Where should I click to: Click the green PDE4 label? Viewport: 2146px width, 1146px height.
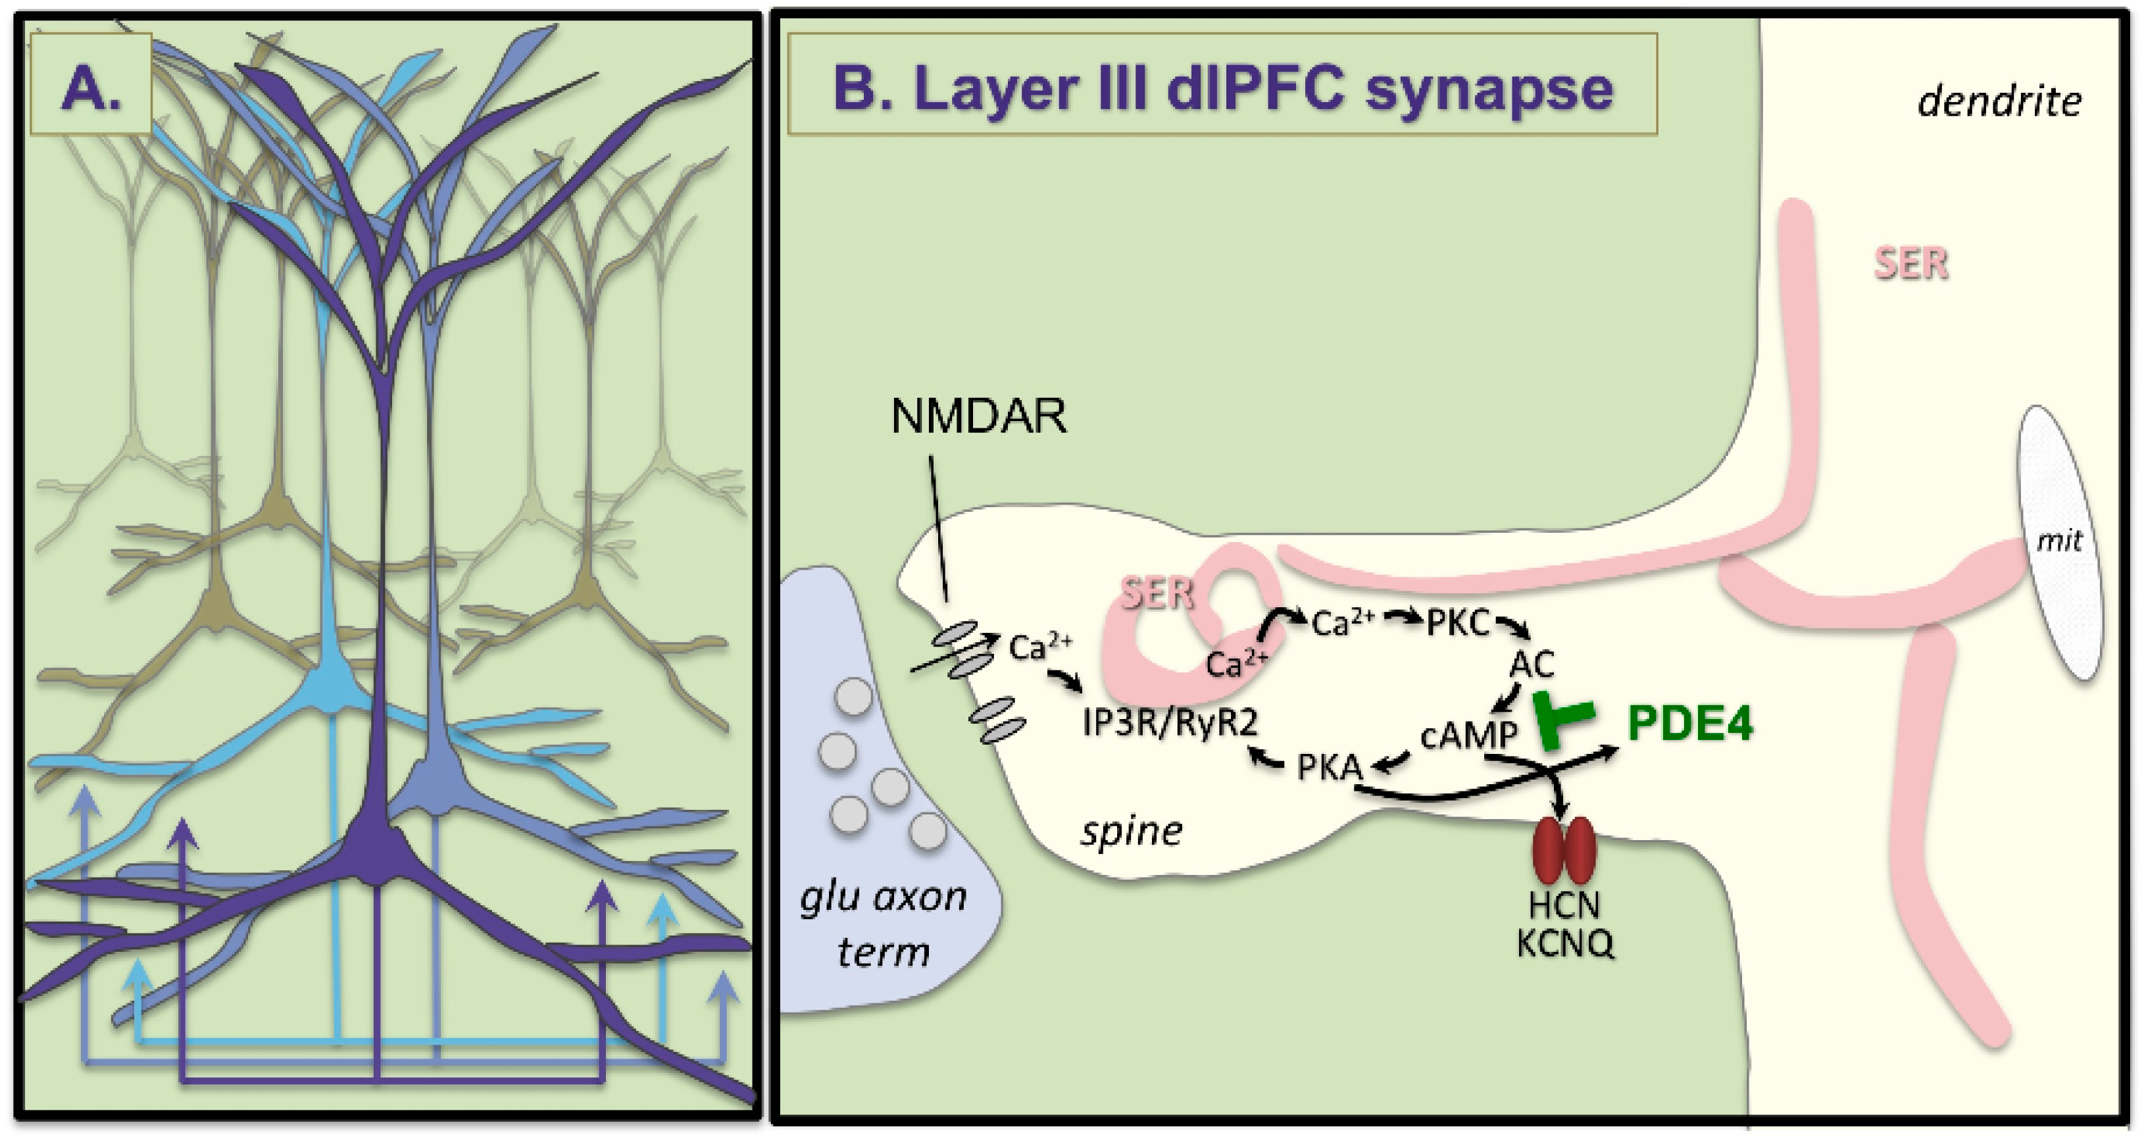[1689, 723]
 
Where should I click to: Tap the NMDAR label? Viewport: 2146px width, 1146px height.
[978, 416]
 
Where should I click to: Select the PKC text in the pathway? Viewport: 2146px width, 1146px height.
[1457, 623]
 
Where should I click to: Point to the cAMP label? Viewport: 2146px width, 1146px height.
[1468, 735]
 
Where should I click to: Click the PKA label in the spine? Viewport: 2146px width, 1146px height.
[1329, 767]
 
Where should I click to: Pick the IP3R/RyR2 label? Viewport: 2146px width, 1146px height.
[1170, 723]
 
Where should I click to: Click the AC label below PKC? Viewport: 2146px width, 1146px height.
[1531, 664]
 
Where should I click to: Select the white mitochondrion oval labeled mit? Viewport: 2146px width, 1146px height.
[2059, 541]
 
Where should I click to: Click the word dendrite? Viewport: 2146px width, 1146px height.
[1999, 101]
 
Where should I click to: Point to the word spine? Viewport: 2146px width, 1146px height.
[1132, 831]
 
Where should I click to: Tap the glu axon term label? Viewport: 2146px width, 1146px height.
[883, 924]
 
